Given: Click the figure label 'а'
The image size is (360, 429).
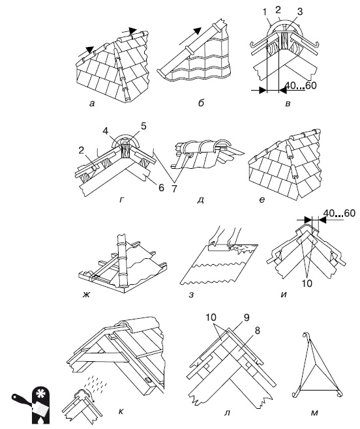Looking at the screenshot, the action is [92, 104].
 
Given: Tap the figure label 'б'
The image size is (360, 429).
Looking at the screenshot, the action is [202, 103].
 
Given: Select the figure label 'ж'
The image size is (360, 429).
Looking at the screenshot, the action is [87, 294].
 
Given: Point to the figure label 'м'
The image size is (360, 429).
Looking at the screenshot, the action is [314, 413].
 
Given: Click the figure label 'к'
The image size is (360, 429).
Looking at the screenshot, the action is [121, 411].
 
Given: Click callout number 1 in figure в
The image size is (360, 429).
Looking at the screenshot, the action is [264, 12].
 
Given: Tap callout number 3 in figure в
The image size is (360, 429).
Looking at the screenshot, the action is [300, 12].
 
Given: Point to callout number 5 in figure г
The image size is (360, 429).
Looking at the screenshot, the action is [143, 126].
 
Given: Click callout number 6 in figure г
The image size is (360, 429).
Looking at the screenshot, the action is [161, 188].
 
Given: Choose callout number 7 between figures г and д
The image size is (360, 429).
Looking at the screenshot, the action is [174, 188].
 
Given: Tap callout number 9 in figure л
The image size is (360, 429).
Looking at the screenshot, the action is [247, 318].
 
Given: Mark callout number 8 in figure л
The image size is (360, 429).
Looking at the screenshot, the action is [257, 331].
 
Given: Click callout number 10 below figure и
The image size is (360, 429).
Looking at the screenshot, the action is [307, 284].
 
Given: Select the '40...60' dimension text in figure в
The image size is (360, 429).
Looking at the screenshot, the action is [301, 85].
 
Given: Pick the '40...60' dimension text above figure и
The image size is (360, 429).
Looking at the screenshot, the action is [340, 213].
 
